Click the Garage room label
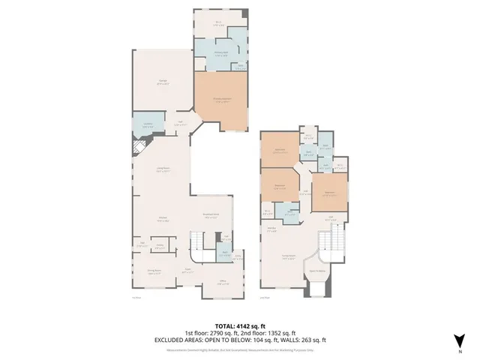pos(162,82)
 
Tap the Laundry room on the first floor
pos(148,125)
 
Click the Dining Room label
pos(154,274)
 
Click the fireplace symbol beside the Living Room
pos(137,148)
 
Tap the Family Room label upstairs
pos(289,256)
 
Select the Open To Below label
pos(316,271)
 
